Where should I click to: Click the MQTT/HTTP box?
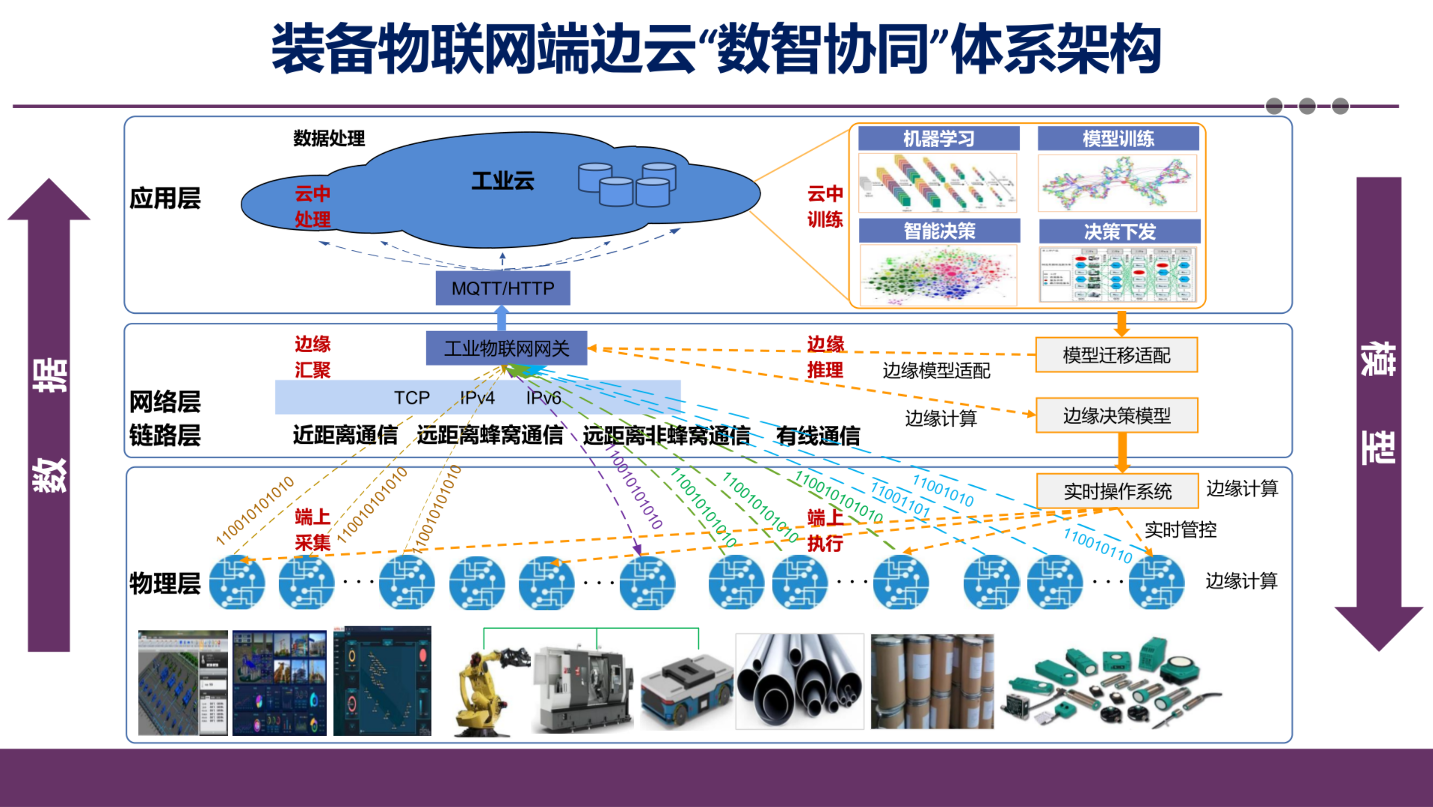[502, 288]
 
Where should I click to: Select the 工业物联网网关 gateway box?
[506, 349]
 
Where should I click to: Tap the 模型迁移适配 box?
[1116, 355]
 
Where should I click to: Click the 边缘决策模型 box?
[1116, 415]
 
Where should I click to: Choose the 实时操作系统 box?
[1117, 491]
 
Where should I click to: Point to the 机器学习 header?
[939, 139]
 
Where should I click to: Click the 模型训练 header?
[1118, 139]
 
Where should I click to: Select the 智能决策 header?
[939, 230]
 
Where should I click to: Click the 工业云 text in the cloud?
[502, 181]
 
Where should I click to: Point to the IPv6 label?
[543, 398]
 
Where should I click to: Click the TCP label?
[412, 398]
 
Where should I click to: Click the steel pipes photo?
[799, 681]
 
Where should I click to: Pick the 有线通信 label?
[818, 436]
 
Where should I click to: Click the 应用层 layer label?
[164, 198]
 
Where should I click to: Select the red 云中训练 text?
[825, 206]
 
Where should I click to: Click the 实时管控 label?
[1180, 529]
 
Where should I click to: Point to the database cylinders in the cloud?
[627, 184]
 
